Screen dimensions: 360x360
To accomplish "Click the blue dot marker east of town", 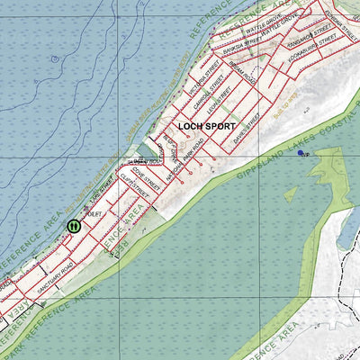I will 301,153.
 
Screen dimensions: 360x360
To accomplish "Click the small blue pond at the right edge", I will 346,230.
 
